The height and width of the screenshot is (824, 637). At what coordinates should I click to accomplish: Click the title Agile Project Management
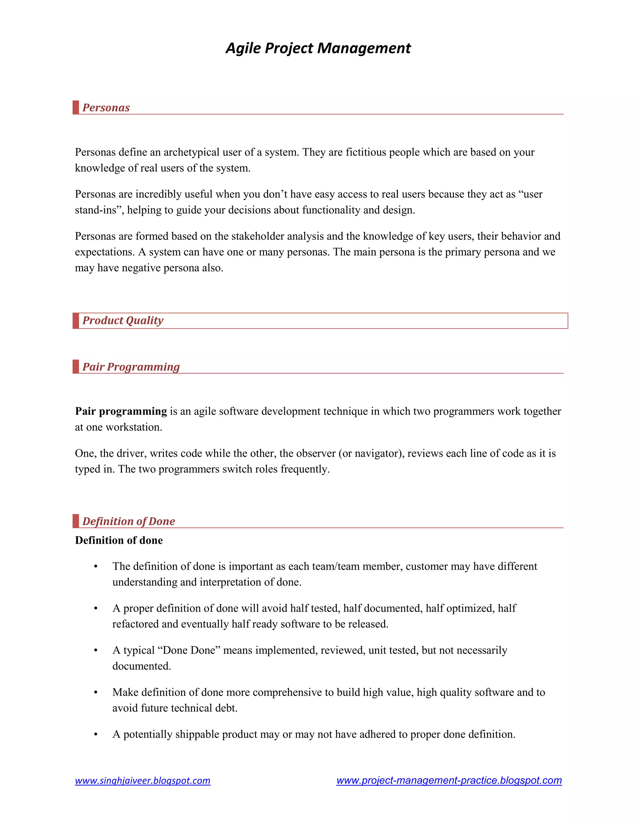click(x=318, y=48)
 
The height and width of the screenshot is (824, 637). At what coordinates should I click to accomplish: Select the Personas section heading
click(x=106, y=108)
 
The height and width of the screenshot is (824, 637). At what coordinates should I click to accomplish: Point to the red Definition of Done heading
click(x=129, y=521)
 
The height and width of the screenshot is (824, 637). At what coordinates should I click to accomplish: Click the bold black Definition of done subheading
click(x=119, y=540)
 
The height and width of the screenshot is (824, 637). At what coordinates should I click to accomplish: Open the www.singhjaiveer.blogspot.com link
click(x=143, y=780)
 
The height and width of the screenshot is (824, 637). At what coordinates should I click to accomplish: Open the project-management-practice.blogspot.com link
click(x=449, y=780)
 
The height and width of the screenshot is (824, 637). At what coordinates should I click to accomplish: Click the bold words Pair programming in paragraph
click(x=121, y=411)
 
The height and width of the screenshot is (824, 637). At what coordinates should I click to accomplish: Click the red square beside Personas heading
click(x=76, y=108)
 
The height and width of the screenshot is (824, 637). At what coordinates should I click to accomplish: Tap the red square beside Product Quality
click(x=76, y=321)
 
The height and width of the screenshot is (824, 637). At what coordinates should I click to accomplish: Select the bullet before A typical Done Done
click(x=96, y=651)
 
